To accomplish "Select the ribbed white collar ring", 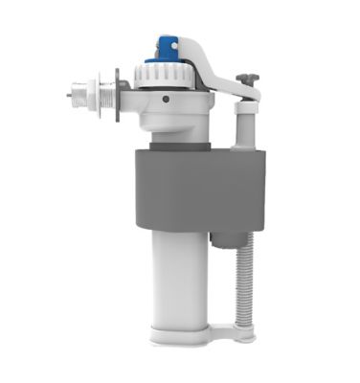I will (169, 76).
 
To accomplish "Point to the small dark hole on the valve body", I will (166, 99).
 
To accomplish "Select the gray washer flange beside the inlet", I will (116, 96).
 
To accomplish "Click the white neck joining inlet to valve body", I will (131, 97).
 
